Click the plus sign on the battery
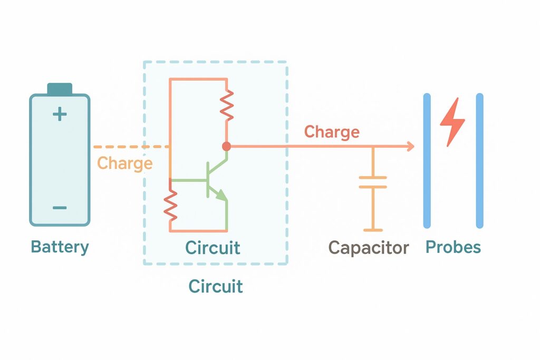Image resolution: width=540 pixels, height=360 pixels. (60, 114)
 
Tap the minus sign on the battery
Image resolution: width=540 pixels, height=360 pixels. (60, 208)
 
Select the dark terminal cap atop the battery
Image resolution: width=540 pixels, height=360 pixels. (60, 89)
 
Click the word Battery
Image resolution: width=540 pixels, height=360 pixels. (60, 247)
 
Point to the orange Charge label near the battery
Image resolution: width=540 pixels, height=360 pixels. (125, 163)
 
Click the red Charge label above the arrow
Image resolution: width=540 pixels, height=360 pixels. (332, 132)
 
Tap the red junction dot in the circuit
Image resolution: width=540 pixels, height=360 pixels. (227, 147)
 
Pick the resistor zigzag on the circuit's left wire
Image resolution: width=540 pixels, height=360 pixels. (170, 206)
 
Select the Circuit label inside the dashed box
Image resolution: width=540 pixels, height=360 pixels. (213, 248)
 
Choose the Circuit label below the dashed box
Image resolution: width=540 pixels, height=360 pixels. (216, 287)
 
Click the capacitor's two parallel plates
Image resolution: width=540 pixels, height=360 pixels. (373, 182)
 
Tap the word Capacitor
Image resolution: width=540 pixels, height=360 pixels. (369, 248)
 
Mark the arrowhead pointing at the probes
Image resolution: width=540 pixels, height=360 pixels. (410, 147)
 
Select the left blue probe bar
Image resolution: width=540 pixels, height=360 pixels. (427, 161)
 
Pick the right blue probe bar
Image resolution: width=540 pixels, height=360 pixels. (479, 161)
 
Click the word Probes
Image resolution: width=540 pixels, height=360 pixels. (453, 247)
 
